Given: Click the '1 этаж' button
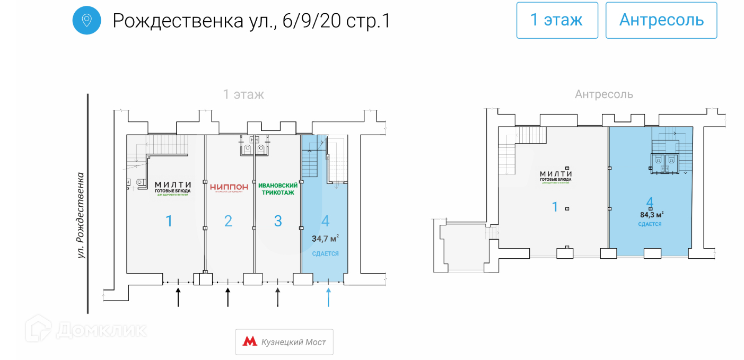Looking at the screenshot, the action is [x=557, y=20].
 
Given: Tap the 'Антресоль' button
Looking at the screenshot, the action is [x=661, y=20].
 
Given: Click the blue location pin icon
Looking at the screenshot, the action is [x=86, y=21].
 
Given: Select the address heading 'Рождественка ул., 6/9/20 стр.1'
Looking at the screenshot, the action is [x=251, y=21].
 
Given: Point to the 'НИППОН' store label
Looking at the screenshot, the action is [x=229, y=187].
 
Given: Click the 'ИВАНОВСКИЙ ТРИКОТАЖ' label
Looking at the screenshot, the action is [x=277, y=189].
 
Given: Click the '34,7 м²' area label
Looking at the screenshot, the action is [x=325, y=239].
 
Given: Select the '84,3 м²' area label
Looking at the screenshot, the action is [x=652, y=215].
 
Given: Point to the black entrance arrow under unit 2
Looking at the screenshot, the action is [x=228, y=297].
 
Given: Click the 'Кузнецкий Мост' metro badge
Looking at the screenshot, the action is [x=284, y=342].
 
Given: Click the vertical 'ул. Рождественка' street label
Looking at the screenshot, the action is [x=81, y=215].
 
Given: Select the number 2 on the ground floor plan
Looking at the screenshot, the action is [x=228, y=221].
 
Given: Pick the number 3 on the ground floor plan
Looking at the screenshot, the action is [x=277, y=221].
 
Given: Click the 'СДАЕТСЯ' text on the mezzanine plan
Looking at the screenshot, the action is [x=649, y=224].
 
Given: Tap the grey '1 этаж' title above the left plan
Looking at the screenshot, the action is [x=243, y=94].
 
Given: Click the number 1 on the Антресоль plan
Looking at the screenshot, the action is [x=555, y=207].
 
